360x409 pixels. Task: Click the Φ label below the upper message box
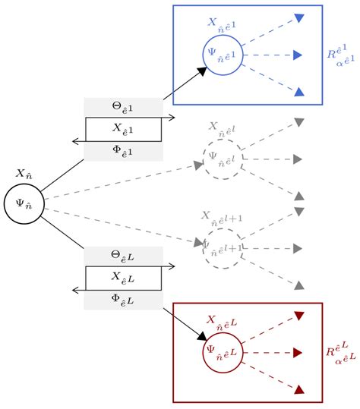pos(124,151)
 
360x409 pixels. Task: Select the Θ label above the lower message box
pos(124,256)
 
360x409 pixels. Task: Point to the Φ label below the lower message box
pos(124,300)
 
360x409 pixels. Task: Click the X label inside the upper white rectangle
pos(124,129)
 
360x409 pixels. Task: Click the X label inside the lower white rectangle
pos(124,278)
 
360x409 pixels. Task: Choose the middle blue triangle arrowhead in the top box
pos(298,55)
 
